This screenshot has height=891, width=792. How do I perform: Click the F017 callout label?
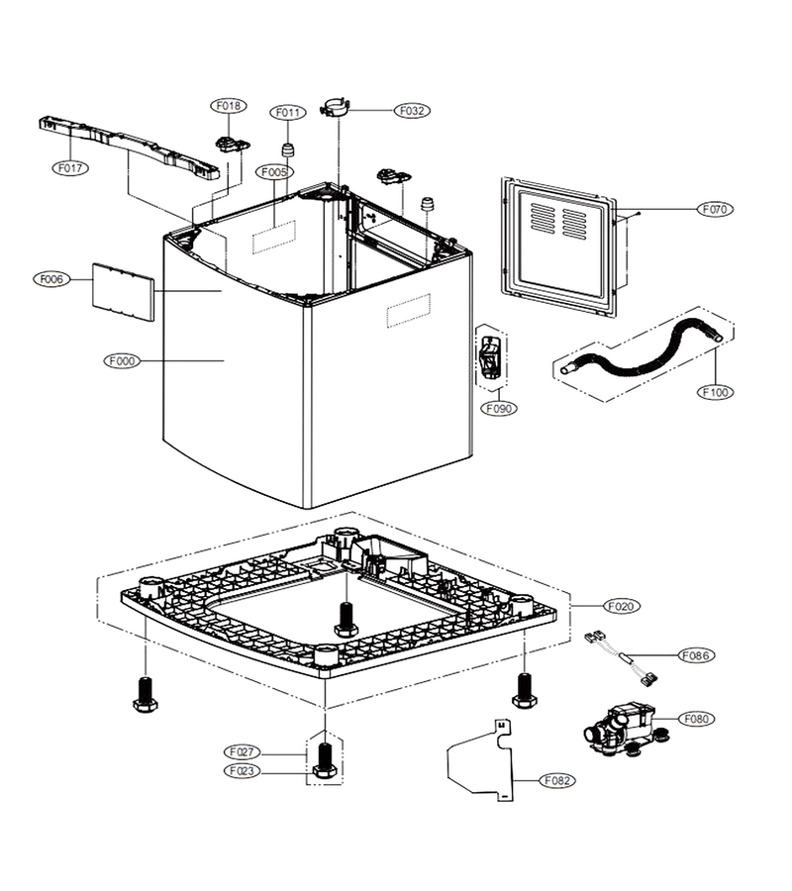coord(70,168)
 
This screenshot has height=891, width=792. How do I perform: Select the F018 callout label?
coord(229,106)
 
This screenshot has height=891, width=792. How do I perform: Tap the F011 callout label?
coord(287,113)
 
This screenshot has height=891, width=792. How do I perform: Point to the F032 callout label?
coord(412,111)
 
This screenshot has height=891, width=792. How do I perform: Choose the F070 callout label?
coord(715,209)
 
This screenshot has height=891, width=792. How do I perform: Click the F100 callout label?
coord(715,392)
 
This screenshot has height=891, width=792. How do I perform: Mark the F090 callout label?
coord(499,408)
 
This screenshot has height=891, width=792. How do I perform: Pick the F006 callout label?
coord(51,279)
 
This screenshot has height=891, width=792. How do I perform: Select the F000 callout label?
coord(122,360)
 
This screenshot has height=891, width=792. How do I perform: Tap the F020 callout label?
coord(621,606)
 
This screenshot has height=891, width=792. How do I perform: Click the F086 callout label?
coord(697,655)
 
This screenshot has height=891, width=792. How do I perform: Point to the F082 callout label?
coord(556,781)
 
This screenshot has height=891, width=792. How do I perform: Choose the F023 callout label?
coord(242,771)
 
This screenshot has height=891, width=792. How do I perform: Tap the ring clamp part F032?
coord(336,108)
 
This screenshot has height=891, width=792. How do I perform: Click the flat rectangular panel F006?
coord(124,291)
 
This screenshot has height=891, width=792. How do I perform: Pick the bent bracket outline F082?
coord(481,760)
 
